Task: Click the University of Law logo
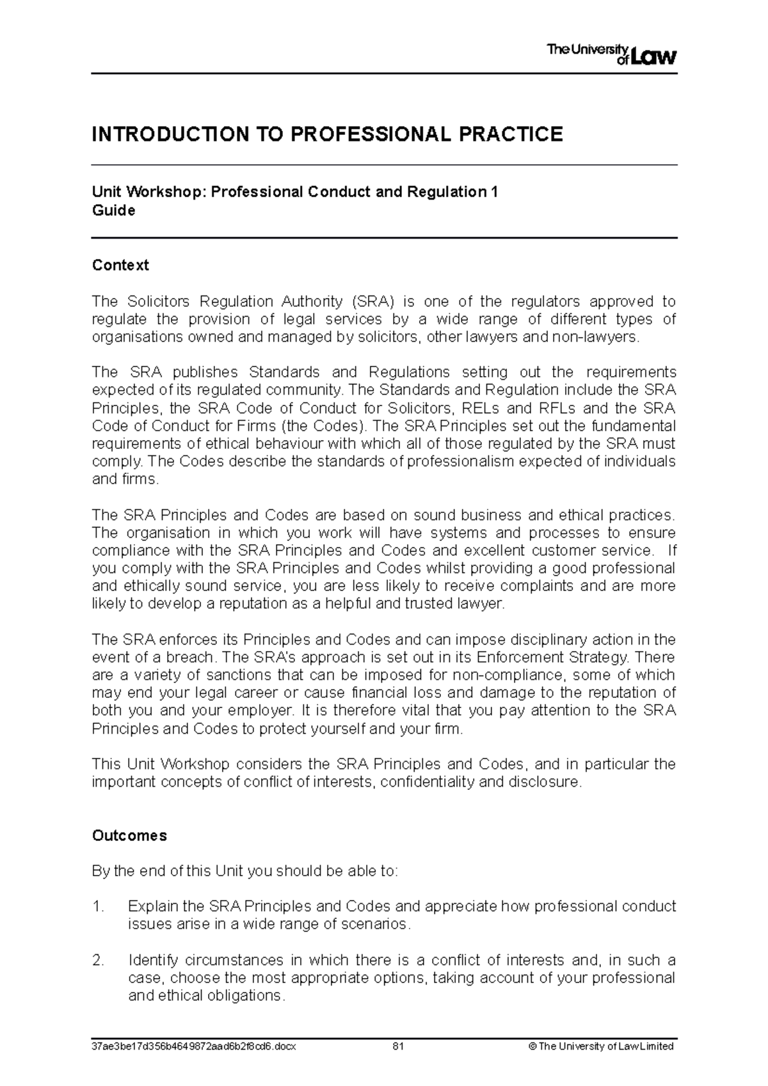[x=611, y=54]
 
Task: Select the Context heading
[x=120, y=265]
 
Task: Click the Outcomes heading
[x=129, y=836]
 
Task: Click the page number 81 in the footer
[x=399, y=1047]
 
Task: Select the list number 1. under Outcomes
[x=98, y=907]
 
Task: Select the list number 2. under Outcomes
[x=98, y=961]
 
